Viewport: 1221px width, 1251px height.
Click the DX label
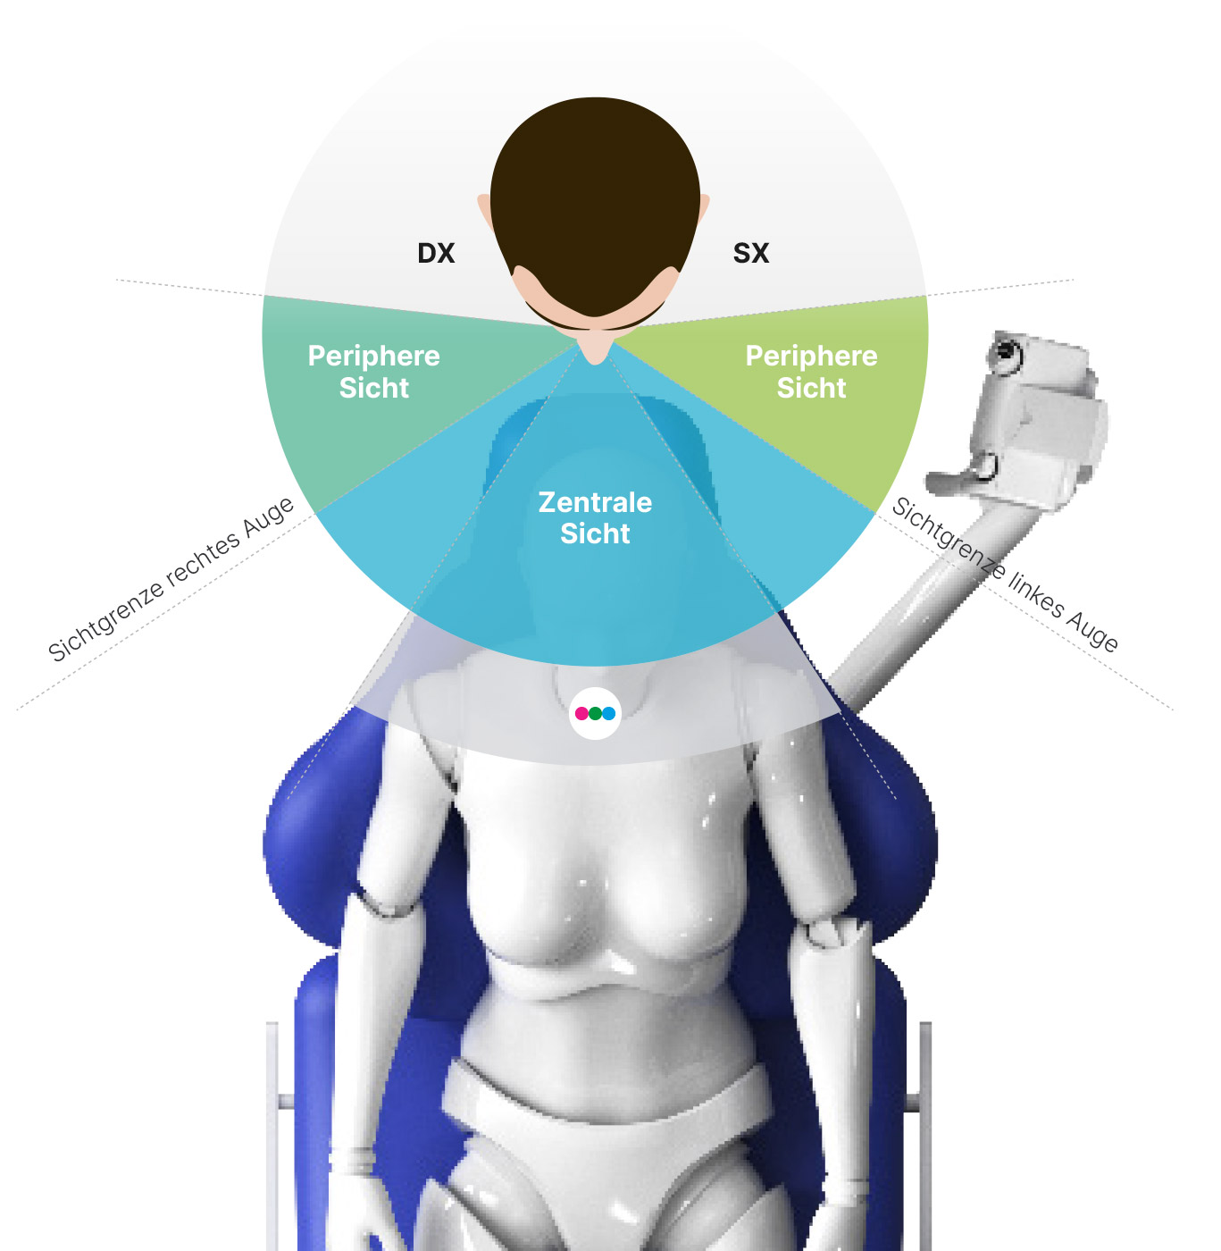tap(436, 253)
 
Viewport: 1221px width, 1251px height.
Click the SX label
tap(750, 253)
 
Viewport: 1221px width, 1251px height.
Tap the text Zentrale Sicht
tap(595, 517)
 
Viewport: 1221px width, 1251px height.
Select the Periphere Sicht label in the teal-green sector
tap(373, 372)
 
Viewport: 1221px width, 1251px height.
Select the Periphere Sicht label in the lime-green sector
tap(811, 372)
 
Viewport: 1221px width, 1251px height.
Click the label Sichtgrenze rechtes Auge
tap(171, 578)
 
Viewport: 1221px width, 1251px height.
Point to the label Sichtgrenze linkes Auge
tap(1005, 574)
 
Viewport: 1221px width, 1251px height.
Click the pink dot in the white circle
tap(581, 713)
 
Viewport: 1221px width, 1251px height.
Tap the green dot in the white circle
tap(595, 713)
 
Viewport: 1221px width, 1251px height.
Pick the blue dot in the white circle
tap(608, 713)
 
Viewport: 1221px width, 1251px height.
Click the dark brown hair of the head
tap(595, 199)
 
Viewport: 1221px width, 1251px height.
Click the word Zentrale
tap(595, 502)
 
